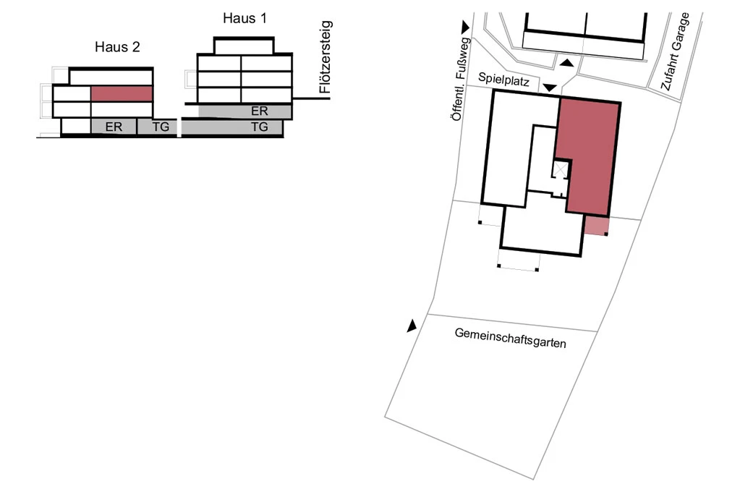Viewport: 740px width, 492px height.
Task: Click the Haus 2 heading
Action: pyautogui.click(x=117, y=48)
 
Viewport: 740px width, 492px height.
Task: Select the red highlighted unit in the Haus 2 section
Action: pyautogui.click(x=122, y=93)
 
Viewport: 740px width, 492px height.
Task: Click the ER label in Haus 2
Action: pyautogui.click(x=113, y=127)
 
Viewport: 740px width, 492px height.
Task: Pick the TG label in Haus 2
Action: pyautogui.click(x=161, y=127)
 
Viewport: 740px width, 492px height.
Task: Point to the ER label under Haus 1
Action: pyautogui.click(x=259, y=111)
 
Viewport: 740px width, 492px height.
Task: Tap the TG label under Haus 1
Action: pyautogui.click(x=259, y=127)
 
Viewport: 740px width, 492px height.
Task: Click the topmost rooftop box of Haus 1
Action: pyautogui.click(x=244, y=45)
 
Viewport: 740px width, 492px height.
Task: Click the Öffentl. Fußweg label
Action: pyautogui.click(x=460, y=80)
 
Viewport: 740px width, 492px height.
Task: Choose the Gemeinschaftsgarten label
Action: pyautogui.click(x=510, y=337)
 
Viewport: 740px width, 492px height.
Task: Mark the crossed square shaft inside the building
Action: pyautogui.click(x=561, y=169)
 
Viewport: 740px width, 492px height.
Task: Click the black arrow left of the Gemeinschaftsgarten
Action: pyautogui.click(x=412, y=326)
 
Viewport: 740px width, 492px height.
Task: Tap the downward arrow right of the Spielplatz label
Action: pyautogui.click(x=550, y=88)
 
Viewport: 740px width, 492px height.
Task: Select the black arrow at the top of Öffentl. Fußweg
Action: pyautogui.click(x=466, y=27)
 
